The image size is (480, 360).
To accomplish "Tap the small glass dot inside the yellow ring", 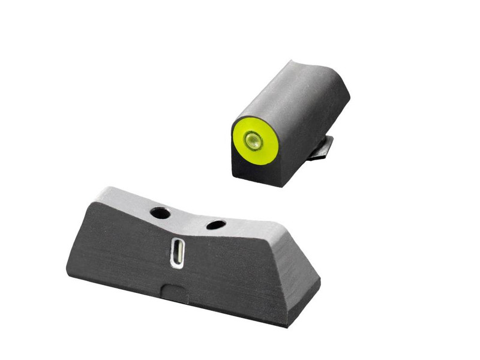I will click(x=253, y=142).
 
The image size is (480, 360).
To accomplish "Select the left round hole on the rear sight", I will click(x=160, y=212).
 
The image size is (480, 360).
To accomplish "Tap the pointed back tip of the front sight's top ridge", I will click(x=292, y=61).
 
